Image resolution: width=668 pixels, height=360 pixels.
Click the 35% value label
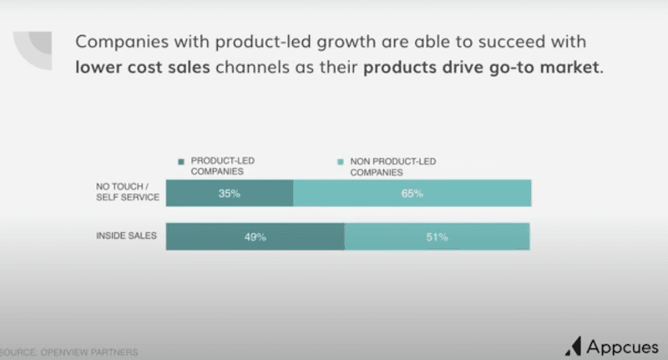pyautogui.click(x=229, y=194)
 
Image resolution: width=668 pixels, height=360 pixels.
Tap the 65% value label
pyautogui.click(x=412, y=194)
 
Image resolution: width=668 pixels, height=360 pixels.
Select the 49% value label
pyautogui.click(x=255, y=237)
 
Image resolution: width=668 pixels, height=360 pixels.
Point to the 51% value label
pyautogui.click(x=437, y=237)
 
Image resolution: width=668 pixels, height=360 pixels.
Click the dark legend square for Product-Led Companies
pyautogui.click(x=180, y=161)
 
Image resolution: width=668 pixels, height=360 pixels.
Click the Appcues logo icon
pyautogui.click(x=574, y=345)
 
